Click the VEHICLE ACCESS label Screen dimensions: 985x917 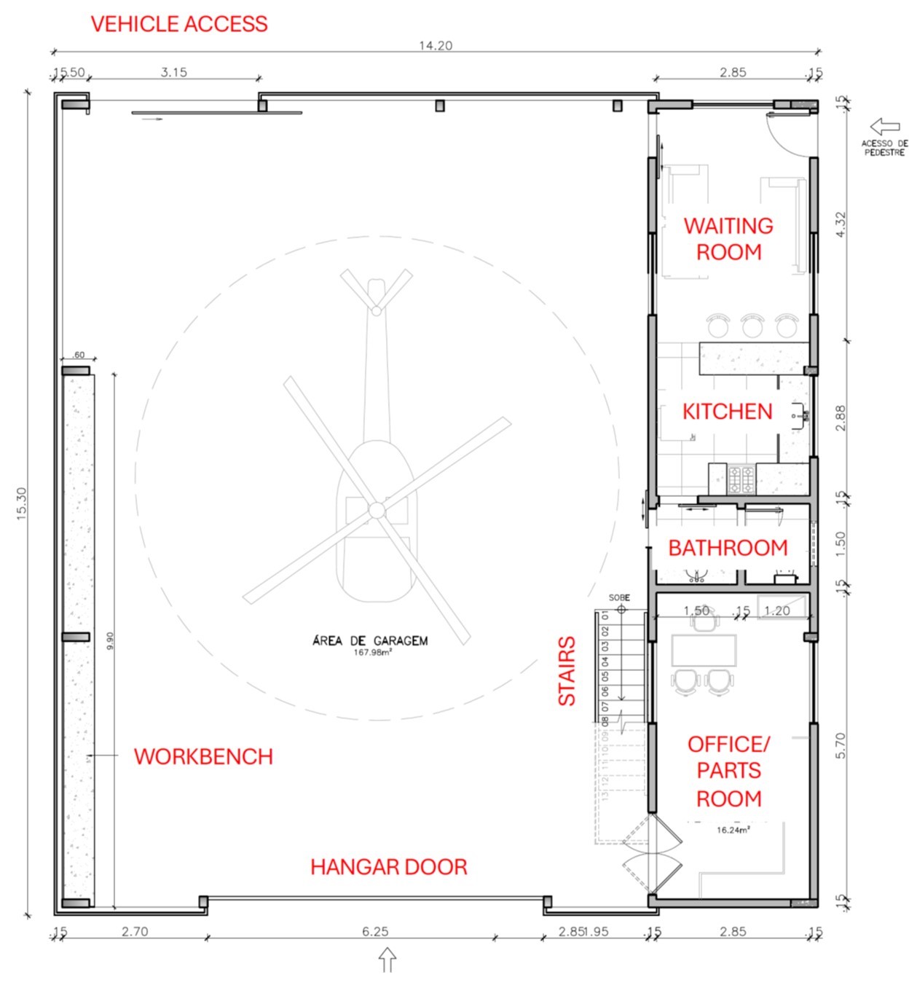pos(179,24)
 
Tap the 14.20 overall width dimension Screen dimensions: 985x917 pos(436,45)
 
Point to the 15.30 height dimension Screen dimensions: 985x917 pos(22,502)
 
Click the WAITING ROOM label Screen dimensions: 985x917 pos(728,239)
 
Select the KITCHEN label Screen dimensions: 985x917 pos(727,412)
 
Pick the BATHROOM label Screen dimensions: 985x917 pos(728,548)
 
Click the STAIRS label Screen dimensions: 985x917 pos(567,671)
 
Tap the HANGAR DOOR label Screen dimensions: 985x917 pos(388,867)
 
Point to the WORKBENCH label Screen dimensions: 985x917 pos(203,756)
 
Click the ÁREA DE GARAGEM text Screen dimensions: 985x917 pos(370,641)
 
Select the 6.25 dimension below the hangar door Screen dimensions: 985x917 pos(375,931)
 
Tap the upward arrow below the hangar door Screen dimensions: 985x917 pos(387,960)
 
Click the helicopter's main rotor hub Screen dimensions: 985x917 pos(376,510)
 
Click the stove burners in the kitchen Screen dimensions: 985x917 pos(741,479)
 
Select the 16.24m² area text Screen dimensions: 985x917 pos(733,830)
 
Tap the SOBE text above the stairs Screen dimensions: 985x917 pos(619,597)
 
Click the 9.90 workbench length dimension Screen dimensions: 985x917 pos(110,640)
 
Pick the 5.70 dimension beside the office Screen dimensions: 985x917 pos(841,745)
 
